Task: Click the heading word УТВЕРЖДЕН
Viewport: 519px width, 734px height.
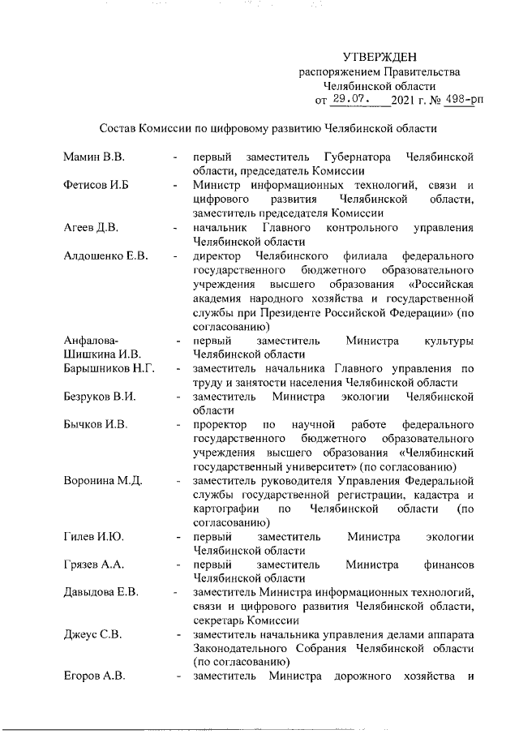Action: point(380,57)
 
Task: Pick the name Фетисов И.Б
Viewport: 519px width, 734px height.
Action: point(98,185)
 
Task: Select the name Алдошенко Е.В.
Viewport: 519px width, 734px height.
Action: point(105,256)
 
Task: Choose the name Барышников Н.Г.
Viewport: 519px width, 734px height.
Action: point(109,369)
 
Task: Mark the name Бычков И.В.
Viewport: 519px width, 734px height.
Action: point(97,425)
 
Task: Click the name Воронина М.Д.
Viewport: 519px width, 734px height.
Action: point(103,481)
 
